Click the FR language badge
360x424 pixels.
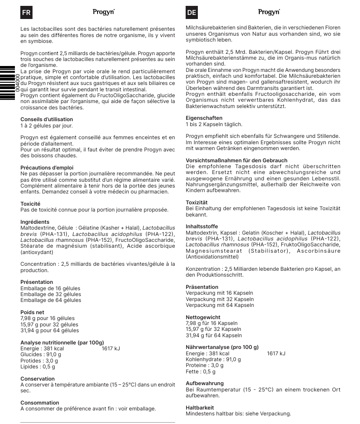pos(26,13)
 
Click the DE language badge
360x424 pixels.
pos(192,13)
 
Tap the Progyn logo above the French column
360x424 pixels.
pos(103,12)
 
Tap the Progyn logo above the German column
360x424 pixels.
pos(269,12)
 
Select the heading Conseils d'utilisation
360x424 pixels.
pos(47,119)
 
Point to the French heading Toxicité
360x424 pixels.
pos(30,204)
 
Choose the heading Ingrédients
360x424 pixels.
pos(35,222)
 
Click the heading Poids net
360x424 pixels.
pos(32,312)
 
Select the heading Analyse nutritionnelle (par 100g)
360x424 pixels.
pos(62,343)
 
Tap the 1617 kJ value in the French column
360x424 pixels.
pos(111,349)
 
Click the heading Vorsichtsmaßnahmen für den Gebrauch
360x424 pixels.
pos(236,160)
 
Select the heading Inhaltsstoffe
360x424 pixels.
pos(202,226)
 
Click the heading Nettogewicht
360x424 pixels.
pos(204,317)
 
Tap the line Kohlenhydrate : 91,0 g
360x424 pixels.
pos(213,359)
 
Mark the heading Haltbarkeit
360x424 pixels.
pos(201,407)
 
